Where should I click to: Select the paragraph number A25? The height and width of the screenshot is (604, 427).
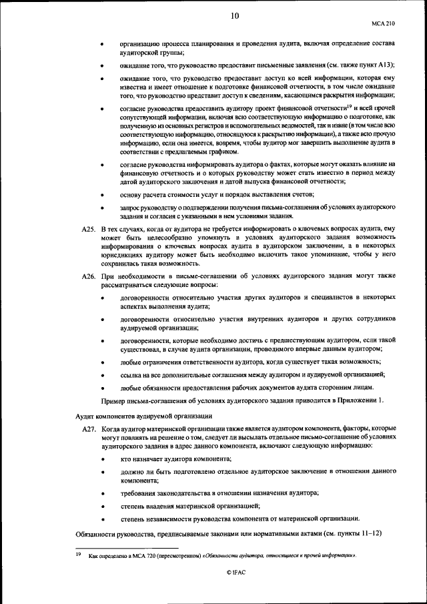(x=88, y=229)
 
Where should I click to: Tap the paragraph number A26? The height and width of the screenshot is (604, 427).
(x=88, y=276)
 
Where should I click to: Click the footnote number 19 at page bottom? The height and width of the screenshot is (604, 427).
(x=77, y=555)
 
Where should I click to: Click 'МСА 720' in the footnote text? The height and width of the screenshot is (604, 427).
(x=151, y=555)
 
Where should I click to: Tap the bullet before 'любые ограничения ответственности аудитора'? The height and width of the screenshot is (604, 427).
(x=101, y=362)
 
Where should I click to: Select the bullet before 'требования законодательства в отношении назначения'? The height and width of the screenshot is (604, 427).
(x=101, y=493)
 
